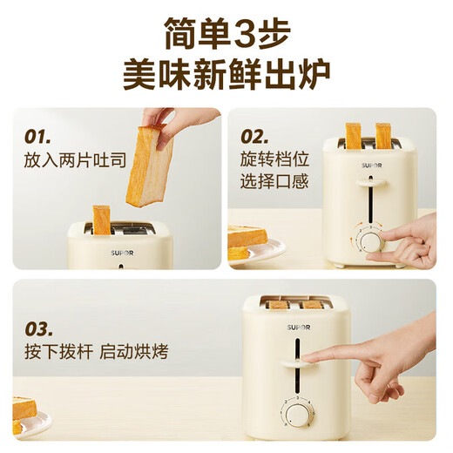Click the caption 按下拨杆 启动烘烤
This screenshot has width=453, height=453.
pyautogui.click(x=96, y=352)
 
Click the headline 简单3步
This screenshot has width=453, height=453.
pyautogui.click(x=226, y=35)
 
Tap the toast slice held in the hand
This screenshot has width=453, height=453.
pyautogui.click(x=148, y=166)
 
